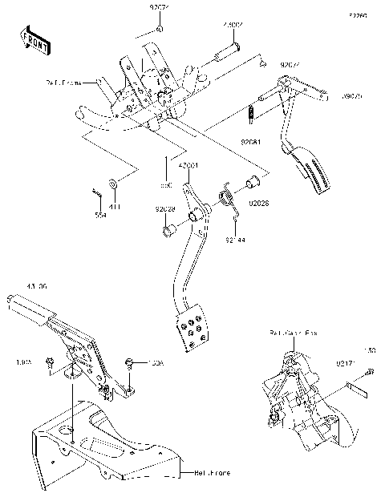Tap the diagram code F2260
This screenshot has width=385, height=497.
click(x=359, y=14)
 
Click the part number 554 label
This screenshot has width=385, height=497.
click(x=100, y=216)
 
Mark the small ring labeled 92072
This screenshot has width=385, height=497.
click(x=160, y=29)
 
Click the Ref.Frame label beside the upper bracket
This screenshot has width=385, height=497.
click(x=62, y=81)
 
